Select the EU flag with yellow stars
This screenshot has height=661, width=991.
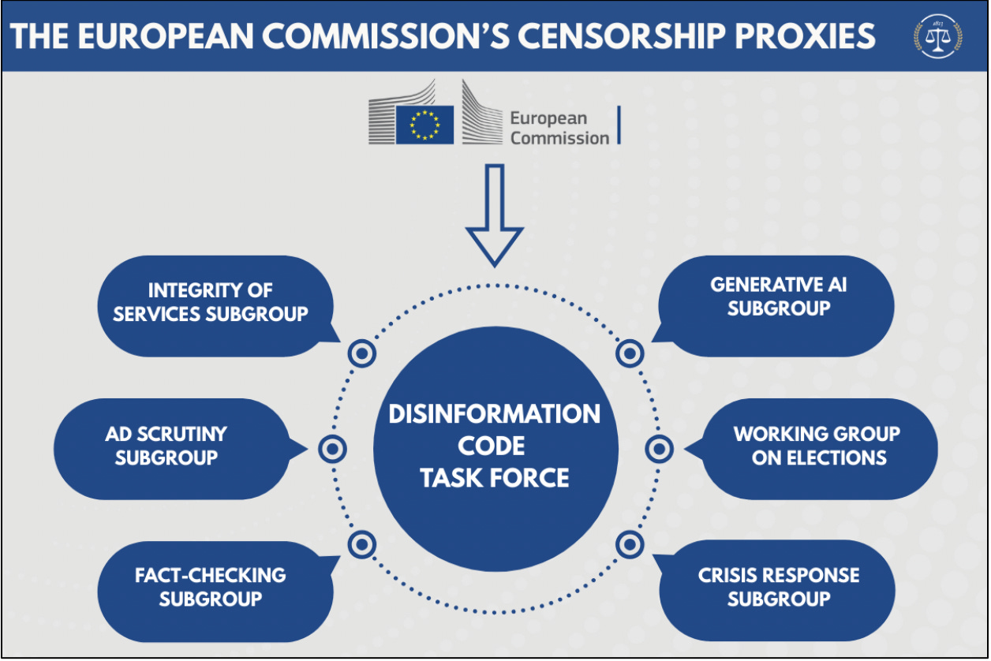click(424, 125)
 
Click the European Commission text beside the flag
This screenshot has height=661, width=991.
click(559, 128)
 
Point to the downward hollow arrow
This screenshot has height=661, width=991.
click(495, 213)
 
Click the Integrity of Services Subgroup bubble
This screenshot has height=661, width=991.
click(211, 303)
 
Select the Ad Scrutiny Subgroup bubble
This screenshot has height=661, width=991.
click(166, 446)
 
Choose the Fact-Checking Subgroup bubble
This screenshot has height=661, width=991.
click(211, 587)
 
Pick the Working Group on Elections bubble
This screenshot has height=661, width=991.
click(817, 446)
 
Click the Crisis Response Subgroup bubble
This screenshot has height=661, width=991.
click(778, 587)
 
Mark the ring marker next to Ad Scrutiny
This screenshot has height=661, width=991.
click(333, 449)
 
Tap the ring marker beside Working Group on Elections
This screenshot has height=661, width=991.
click(659, 449)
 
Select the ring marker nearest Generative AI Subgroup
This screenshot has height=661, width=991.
click(630, 353)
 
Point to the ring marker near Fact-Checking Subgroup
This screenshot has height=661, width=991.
click(361, 543)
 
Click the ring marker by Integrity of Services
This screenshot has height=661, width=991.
click(361, 353)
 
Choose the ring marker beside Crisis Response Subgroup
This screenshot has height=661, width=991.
click(630, 543)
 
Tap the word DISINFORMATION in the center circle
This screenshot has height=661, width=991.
click(495, 414)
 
